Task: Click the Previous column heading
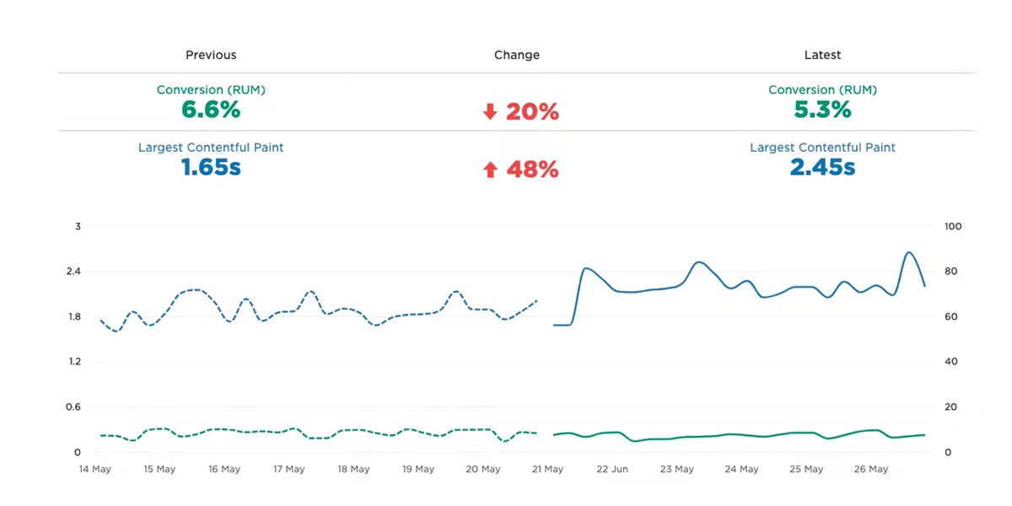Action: click(x=211, y=55)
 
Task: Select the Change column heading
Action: click(x=516, y=55)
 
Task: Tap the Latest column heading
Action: click(x=822, y=55)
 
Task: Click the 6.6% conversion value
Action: click(x=211, y=110)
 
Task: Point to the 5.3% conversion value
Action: click(x=822, y=110)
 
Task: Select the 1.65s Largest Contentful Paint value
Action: click(x=211, y=167)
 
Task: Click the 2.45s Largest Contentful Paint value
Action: click(x=822, y=167)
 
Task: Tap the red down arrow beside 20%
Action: click(x=490, y=112)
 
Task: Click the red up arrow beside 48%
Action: click(x=490, y=170)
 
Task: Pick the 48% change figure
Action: click(x=532, y=170)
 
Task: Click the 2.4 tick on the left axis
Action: click(x=78, y=272)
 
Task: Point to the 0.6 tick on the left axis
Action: click(x=78, y=407)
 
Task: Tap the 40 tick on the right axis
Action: click(x=951, y=362)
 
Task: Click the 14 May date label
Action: click(x=94, y=469)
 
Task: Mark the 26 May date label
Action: click(x=871, y=469)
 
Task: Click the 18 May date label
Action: click(x=353, y=469)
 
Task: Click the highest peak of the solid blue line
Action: click(x=909, y=252)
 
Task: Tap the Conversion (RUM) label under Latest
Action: click(x=822, y=89)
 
